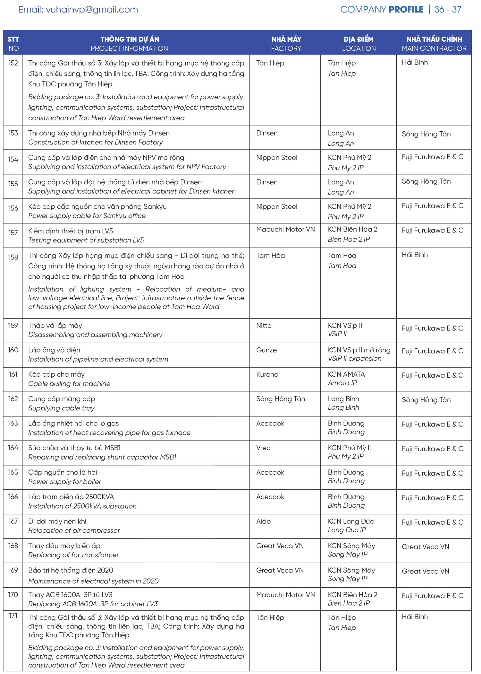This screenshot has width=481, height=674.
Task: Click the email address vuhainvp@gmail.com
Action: pyautogui.click(x=92, y=10)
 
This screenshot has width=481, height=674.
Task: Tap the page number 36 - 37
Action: pyautogui.click(x=448, y=10)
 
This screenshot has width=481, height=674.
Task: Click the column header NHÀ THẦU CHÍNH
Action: pyautogui.click(x=434, y=39)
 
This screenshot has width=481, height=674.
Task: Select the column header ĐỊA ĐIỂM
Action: pyautogui.click(x=359, y=39)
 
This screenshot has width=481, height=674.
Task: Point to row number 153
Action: pyautogui.click(x=13, y=133)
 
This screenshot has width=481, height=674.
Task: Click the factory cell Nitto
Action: pyautogui.click(x=264, y=326)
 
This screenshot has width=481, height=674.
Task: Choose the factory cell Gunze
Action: pyautogui.click(x=266, y=350)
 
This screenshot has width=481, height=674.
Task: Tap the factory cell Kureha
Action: pyautogui.click(x=267, y=374)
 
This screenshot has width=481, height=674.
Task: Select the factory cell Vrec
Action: pyautogui.click(x=263, y=448)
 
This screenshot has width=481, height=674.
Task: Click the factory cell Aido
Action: pyautogui.click(x=264, y=521)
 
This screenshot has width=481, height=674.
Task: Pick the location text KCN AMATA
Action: pyautogui.click(x=346, y=374)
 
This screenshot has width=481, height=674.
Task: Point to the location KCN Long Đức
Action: pyautogui.click(x=351, y=521)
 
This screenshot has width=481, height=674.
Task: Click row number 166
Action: pyautogui.click(x=13, y=497)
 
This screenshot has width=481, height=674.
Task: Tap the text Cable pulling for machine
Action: pyautogui.click(x=69, y=384)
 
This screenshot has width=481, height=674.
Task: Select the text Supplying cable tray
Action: pyautogui.click(x=62, y=408)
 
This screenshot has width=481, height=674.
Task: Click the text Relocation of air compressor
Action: pyautogui.click(x=74, y=530)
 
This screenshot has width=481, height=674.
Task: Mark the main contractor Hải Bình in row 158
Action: pyautogui.click(x=415, y=255)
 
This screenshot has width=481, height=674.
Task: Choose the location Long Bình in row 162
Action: pyautogui.click(x=343, y=399)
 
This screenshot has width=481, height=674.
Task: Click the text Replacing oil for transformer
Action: pyautogui.click(x=73, y=555)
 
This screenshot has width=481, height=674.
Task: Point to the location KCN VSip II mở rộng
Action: pyautogui.click(x=359, y=350)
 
